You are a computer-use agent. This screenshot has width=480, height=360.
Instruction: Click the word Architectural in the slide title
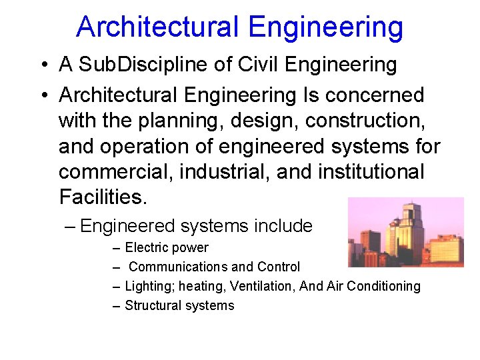(x=157, y=27)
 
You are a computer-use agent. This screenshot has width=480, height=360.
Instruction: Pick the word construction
(x=367, y=121)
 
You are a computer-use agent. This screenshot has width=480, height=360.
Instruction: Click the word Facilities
(x=102, y=197)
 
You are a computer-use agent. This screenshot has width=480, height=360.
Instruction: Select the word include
(x=283, y=226)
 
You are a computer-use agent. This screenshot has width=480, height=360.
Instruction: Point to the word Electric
(x=147, y=248)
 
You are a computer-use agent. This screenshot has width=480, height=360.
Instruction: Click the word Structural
(x=151, y=305)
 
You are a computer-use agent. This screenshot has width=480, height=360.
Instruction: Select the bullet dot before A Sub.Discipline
(x=43, y=65)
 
